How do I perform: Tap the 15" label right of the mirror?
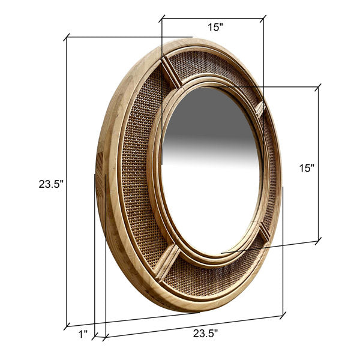[x=307, y=169]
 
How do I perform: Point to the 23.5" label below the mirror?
[x=205, y=334]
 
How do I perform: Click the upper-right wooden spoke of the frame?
[x=260, y=109]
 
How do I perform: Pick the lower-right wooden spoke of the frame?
[x=264, y=231]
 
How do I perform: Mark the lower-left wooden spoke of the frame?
[x=167, y=263]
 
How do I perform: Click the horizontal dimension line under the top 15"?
[x=212, y=19]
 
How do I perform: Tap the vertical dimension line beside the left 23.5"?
[x=66, y=180]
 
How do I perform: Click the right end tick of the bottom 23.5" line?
[x=283, y=314]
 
